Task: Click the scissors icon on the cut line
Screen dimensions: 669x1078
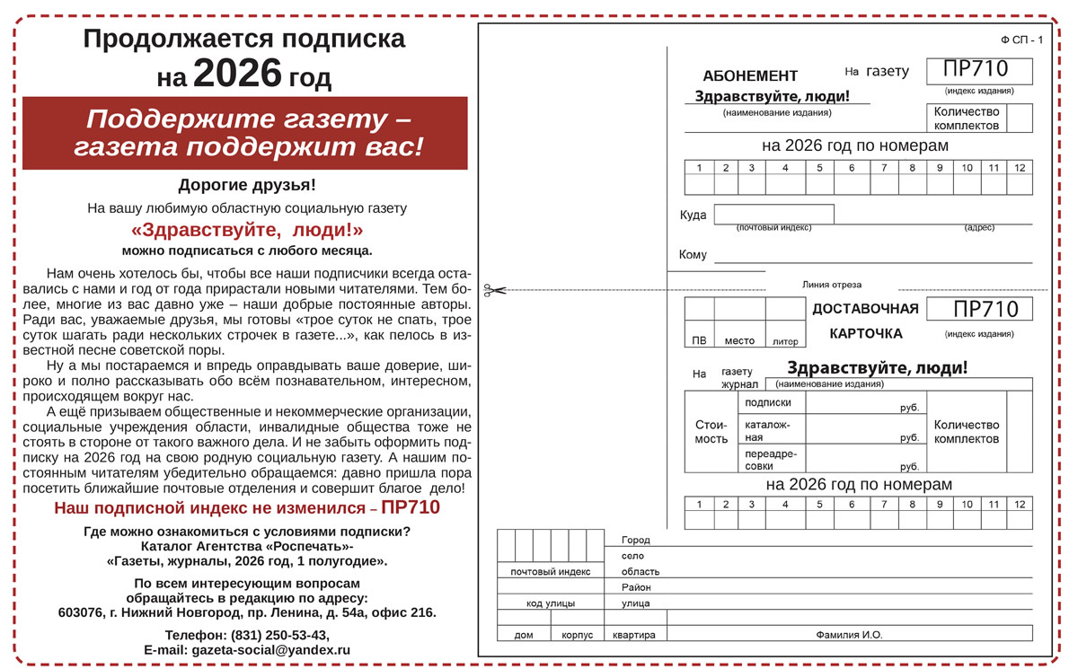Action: (x=493, y=290)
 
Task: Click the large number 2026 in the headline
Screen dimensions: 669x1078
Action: (x=237, y=75)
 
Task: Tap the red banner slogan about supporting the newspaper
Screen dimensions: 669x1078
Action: (x=245, y=133)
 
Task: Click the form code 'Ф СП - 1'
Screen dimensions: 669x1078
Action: (x=1021, y=40)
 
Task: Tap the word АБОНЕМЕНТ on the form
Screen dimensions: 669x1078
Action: (x=750, y=76)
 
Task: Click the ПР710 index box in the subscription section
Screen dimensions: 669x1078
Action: (x=979, y=70)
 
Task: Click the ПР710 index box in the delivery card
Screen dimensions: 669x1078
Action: (x=979, y=310)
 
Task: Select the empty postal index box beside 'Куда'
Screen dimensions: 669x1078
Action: (x=773, y=215)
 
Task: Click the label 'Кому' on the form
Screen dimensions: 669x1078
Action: (x=693, y=255)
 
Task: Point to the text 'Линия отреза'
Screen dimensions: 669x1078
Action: (x=831, y=285)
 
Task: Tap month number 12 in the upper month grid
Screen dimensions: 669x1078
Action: (x=1020, y=167)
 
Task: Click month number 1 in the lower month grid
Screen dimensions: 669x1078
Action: (x=699, y=504)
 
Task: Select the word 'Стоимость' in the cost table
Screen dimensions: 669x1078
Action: (x=711, y=432)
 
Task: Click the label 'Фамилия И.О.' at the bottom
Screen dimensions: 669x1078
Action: (x=849, y=635)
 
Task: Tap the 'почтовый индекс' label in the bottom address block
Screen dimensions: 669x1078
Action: (x=551, y=571)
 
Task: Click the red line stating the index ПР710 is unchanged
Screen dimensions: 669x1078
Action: (x=247, y=507)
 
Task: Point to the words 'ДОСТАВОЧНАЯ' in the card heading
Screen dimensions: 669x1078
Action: (x=865, y=310)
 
